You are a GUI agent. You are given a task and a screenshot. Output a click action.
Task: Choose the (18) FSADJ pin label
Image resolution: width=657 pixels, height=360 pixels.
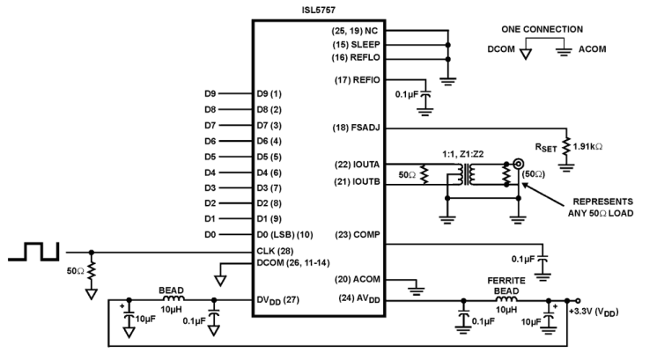pos(353,129)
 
